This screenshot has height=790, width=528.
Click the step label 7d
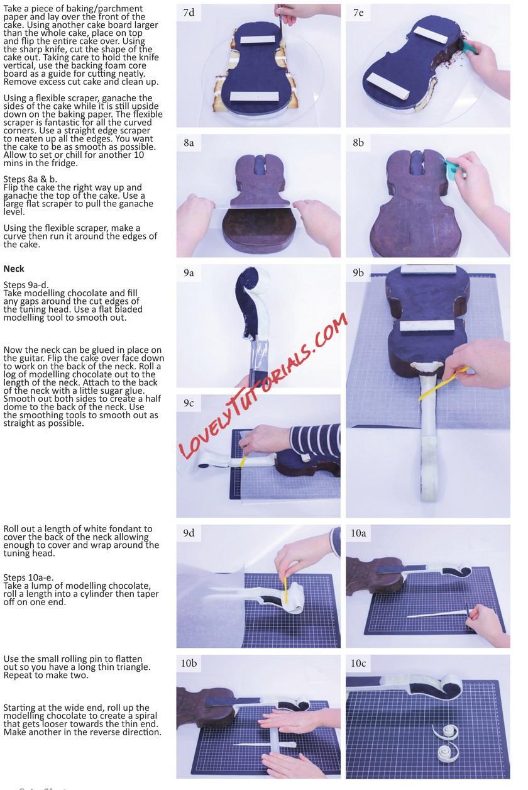[x=189, y=13]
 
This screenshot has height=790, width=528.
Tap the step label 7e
[x=358, y=13]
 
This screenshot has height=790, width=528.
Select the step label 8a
[x=189, y=143]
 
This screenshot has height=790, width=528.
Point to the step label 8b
[x=358, y=143]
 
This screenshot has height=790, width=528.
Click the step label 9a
[x=189, y=273]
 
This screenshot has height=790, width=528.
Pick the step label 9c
[x=189, y=403]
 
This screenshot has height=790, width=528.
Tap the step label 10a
[x=358, y=533]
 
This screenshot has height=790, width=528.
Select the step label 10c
[x=358, y=664]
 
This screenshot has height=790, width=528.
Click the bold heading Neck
[x=14, y=269]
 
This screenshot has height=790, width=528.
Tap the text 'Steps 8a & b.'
[x=30, y=179]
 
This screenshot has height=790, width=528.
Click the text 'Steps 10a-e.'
[x=28, y=577]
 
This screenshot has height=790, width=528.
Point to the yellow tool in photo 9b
[x=443, y=384]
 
